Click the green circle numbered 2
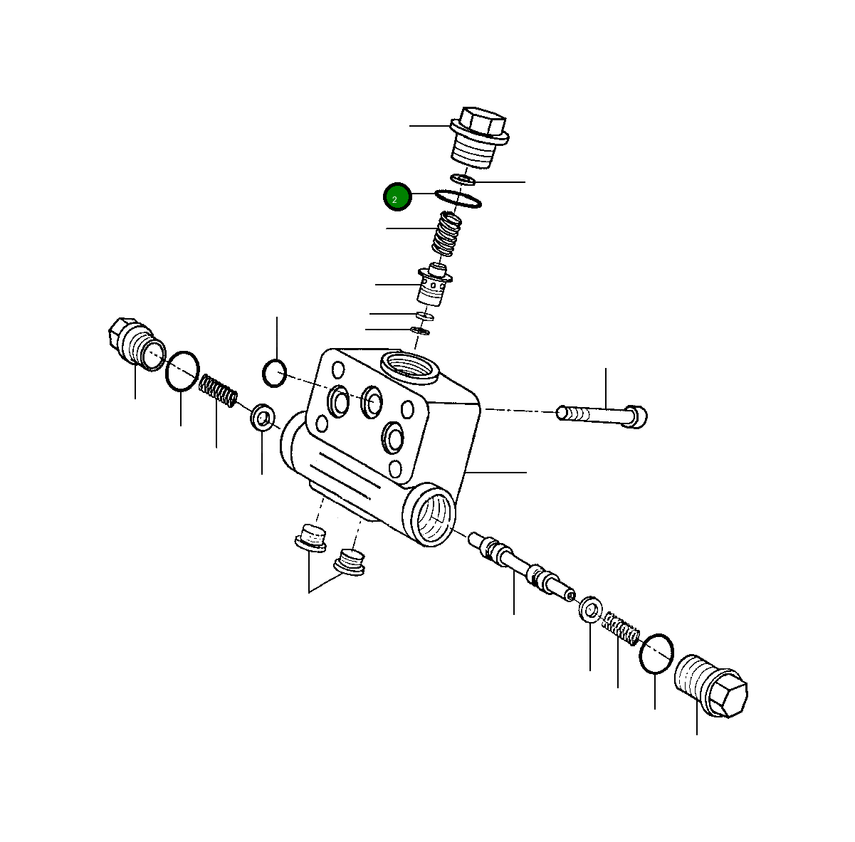[397, 197]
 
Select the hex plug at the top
[480, 140]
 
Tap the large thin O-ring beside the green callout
[458, 200]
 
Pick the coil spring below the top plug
[447, 234]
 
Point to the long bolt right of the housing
[602, 414]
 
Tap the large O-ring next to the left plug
[182, 371]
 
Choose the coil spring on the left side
[218, 392]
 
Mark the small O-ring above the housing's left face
[274, 373]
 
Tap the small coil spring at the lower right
[621, 628]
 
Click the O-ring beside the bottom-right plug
[656, 653]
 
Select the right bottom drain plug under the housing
[350, 562]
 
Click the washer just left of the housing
[263, 417]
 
